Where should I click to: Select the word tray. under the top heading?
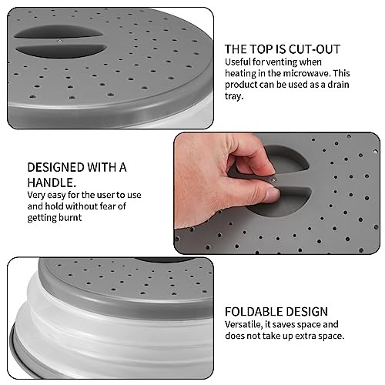233,96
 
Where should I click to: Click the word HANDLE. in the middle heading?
52,183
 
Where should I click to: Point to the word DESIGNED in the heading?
56,167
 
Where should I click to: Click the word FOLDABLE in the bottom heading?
252,312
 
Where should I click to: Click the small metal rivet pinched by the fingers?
274,179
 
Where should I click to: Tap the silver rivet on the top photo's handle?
60,41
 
